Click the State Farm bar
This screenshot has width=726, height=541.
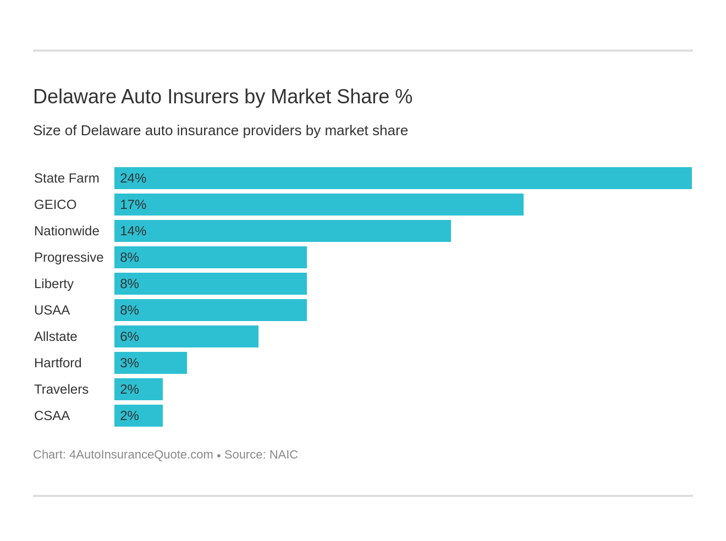pos(403,178)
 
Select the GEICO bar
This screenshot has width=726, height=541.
pos(319,205)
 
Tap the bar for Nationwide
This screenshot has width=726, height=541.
pos(283,231)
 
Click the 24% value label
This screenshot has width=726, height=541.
pos(133,178)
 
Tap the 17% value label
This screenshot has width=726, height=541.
pos(133,205)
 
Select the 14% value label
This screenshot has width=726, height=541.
pos(133,231)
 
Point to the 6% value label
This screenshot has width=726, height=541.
pos(129,336)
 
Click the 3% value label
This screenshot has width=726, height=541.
pos(129,363)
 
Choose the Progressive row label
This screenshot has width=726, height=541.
pos(69,257)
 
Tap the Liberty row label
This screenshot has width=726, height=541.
pos(54,284)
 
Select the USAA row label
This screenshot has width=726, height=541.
pos(52,310)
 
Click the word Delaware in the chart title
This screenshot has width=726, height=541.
pos(75,97)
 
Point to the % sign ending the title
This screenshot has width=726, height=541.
pos(404,97)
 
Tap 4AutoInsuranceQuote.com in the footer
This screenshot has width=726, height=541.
pos(141,455)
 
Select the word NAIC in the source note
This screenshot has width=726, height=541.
pos(283,455)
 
